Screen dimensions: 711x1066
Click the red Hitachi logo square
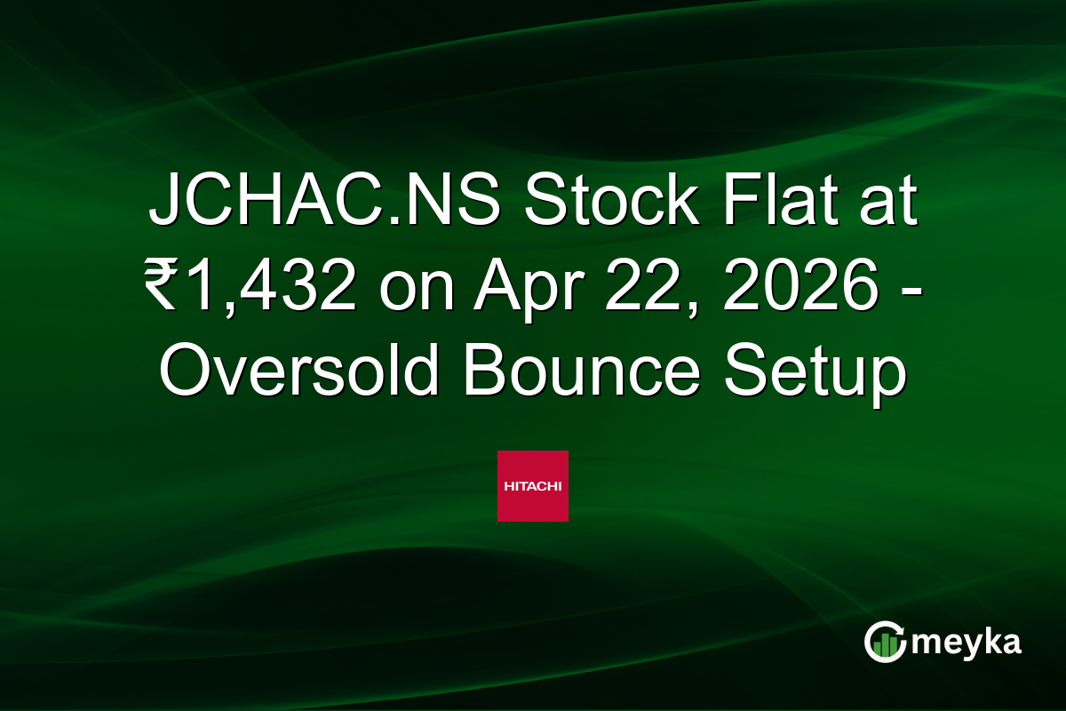coord(532,486)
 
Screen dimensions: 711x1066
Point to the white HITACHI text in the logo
coord(532,486)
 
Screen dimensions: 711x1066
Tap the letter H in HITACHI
coord(508,486)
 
